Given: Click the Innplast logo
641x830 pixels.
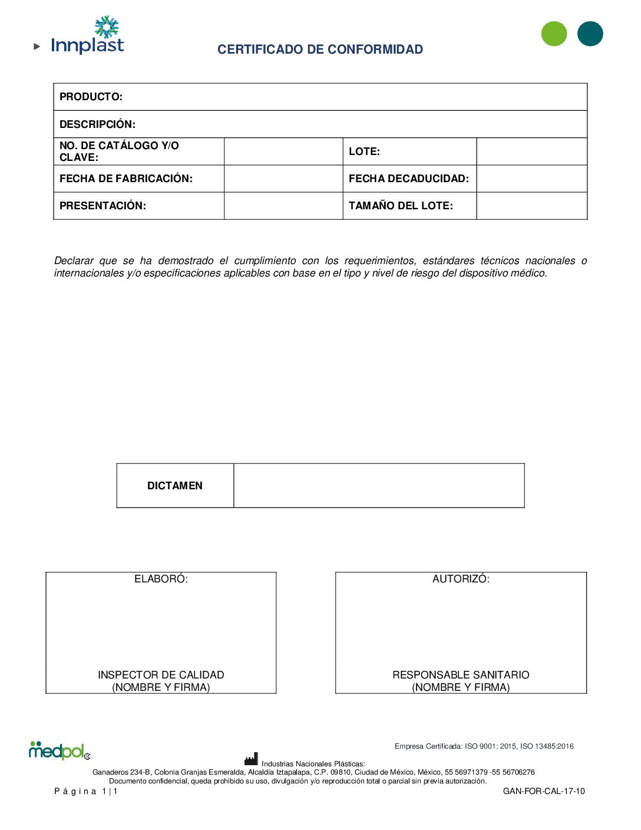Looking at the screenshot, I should coord(87,37).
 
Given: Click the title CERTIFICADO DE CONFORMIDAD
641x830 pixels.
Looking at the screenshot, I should coord(320,50).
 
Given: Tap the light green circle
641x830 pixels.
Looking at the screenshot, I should coord(554,34).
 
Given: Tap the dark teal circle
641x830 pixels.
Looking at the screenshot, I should coord(590,34).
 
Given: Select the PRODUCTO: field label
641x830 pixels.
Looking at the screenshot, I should coord(91,97).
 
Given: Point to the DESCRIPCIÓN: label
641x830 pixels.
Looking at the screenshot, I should coord(97,124).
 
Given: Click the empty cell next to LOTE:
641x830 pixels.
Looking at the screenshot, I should coord(531,151).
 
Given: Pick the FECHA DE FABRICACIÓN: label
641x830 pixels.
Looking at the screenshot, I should coord(126,179).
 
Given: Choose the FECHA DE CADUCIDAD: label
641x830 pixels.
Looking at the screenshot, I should coord(409,179).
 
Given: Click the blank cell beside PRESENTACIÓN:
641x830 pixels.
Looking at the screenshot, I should coord(283,206).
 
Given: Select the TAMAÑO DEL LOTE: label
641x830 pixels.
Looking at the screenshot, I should coord(401,206).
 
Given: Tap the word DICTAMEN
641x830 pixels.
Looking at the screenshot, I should coord(175,486).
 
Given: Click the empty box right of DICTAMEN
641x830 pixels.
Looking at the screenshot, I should coord(379,486).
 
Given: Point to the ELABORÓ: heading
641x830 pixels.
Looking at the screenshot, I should coord(161,579).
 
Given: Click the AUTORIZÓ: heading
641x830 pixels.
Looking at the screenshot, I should coord(461,579).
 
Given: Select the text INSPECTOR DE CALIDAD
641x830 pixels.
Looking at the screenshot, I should coord(161,675).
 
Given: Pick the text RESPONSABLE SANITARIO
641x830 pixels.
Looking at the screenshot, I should coord(461,675).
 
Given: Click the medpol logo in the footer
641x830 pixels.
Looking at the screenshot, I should coord(59,750).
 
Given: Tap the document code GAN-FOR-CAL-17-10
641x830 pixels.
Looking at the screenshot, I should coord(544,791).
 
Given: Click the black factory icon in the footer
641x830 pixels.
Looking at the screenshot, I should coord(252,759).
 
